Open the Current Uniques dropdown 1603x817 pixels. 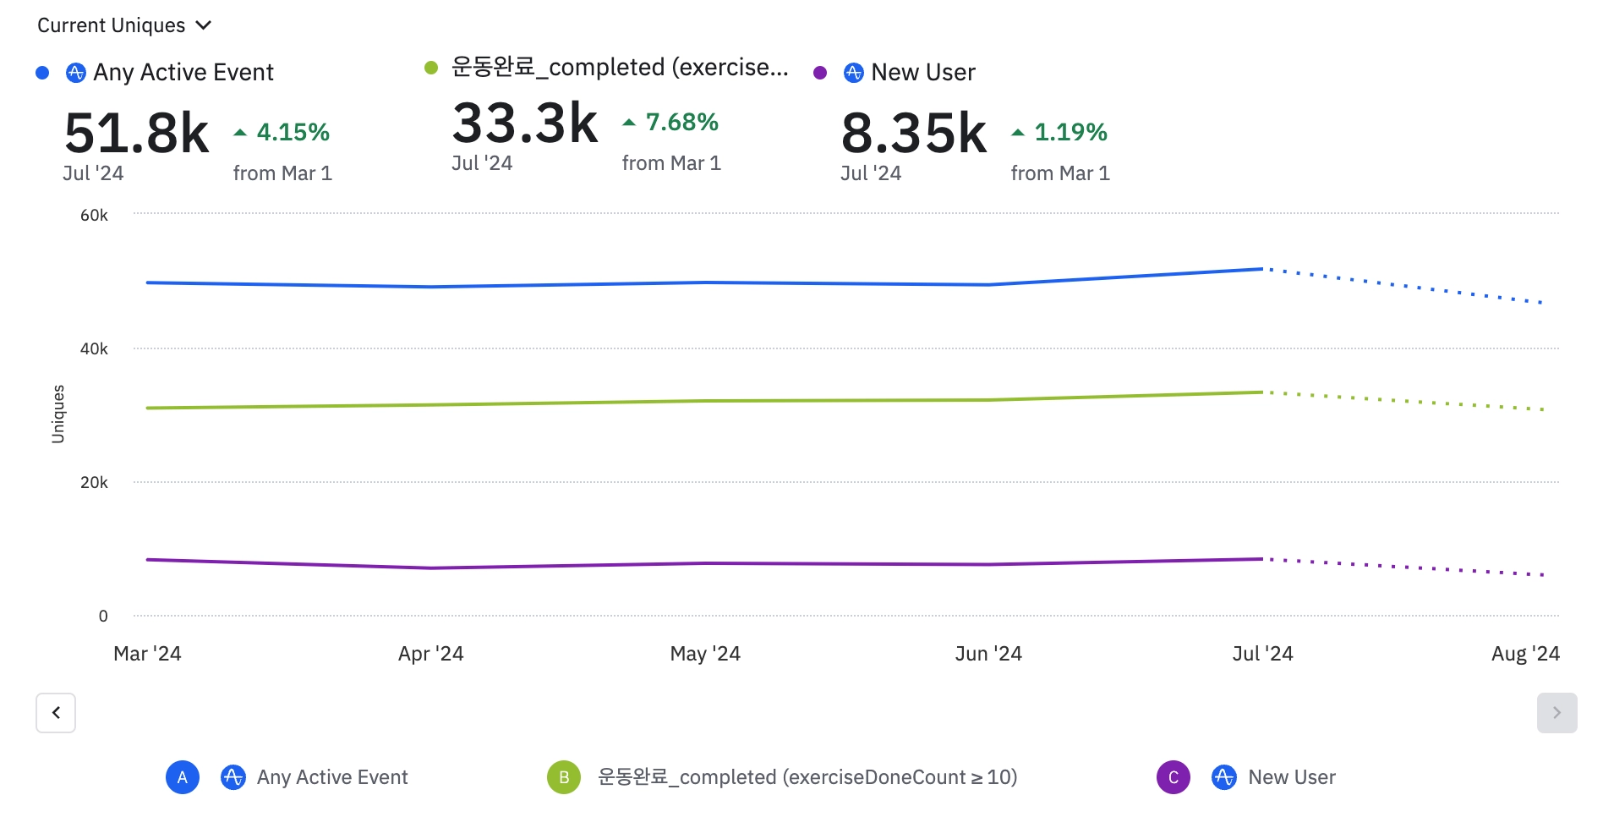pyautogui.click(x=123, y=25)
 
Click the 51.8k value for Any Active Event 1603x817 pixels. pyautogui.click(x=137, y=134)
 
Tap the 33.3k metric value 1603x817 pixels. pyautogui.click(x=525, y=123)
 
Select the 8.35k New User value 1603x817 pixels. pyautogui.click(x=914, y=134)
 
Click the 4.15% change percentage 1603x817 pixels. pyautogui.click(x=293, y=132)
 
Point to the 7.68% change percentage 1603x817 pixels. pyautogui.click(x=681, y=122)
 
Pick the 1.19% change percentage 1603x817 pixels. pyautogui.click(x=1070, y=132)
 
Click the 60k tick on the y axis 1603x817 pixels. pyautogui.click(x=94, y=215)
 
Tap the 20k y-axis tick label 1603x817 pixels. pyautogui.click(x=94, y=482)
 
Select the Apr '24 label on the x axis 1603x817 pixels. pyautogui.click(x=430, y=654)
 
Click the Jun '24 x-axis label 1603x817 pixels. pyautogui.click(x=988, y=654)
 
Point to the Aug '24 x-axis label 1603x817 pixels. pyautogui.click(x=1524, y=654)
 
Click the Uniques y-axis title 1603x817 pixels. pyautogui.click(x=58, y=414)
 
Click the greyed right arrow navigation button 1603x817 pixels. pyautogui.click(x=1556, y=713)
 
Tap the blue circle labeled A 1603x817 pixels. pyautogui.click(x=183, y=777)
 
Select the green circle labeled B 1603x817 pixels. pyautogui.click(x=564, y=777)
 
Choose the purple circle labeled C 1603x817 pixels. pyautogui.click(x=1173, y=777)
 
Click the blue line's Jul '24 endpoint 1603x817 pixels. pyautogui.click(x=1262, y=269)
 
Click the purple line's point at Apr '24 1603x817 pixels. pyautogui.click(x=431, y=568)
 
